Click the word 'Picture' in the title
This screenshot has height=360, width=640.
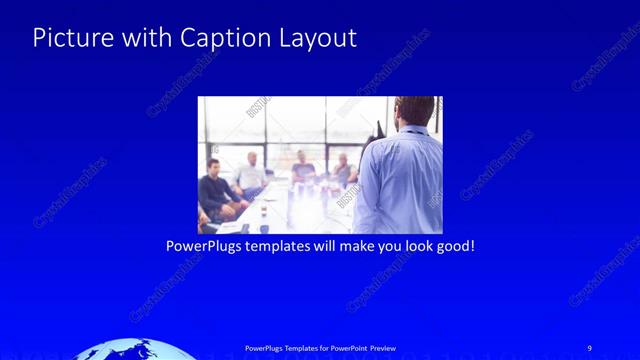point(69,38)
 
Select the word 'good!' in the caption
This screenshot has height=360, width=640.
point(454,245)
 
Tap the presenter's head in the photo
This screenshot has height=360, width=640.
point(412,112)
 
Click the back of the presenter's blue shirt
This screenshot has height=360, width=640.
point(400,180)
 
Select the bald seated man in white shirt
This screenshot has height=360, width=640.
point(251,174)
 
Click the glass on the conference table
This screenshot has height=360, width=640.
point(262,214)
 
